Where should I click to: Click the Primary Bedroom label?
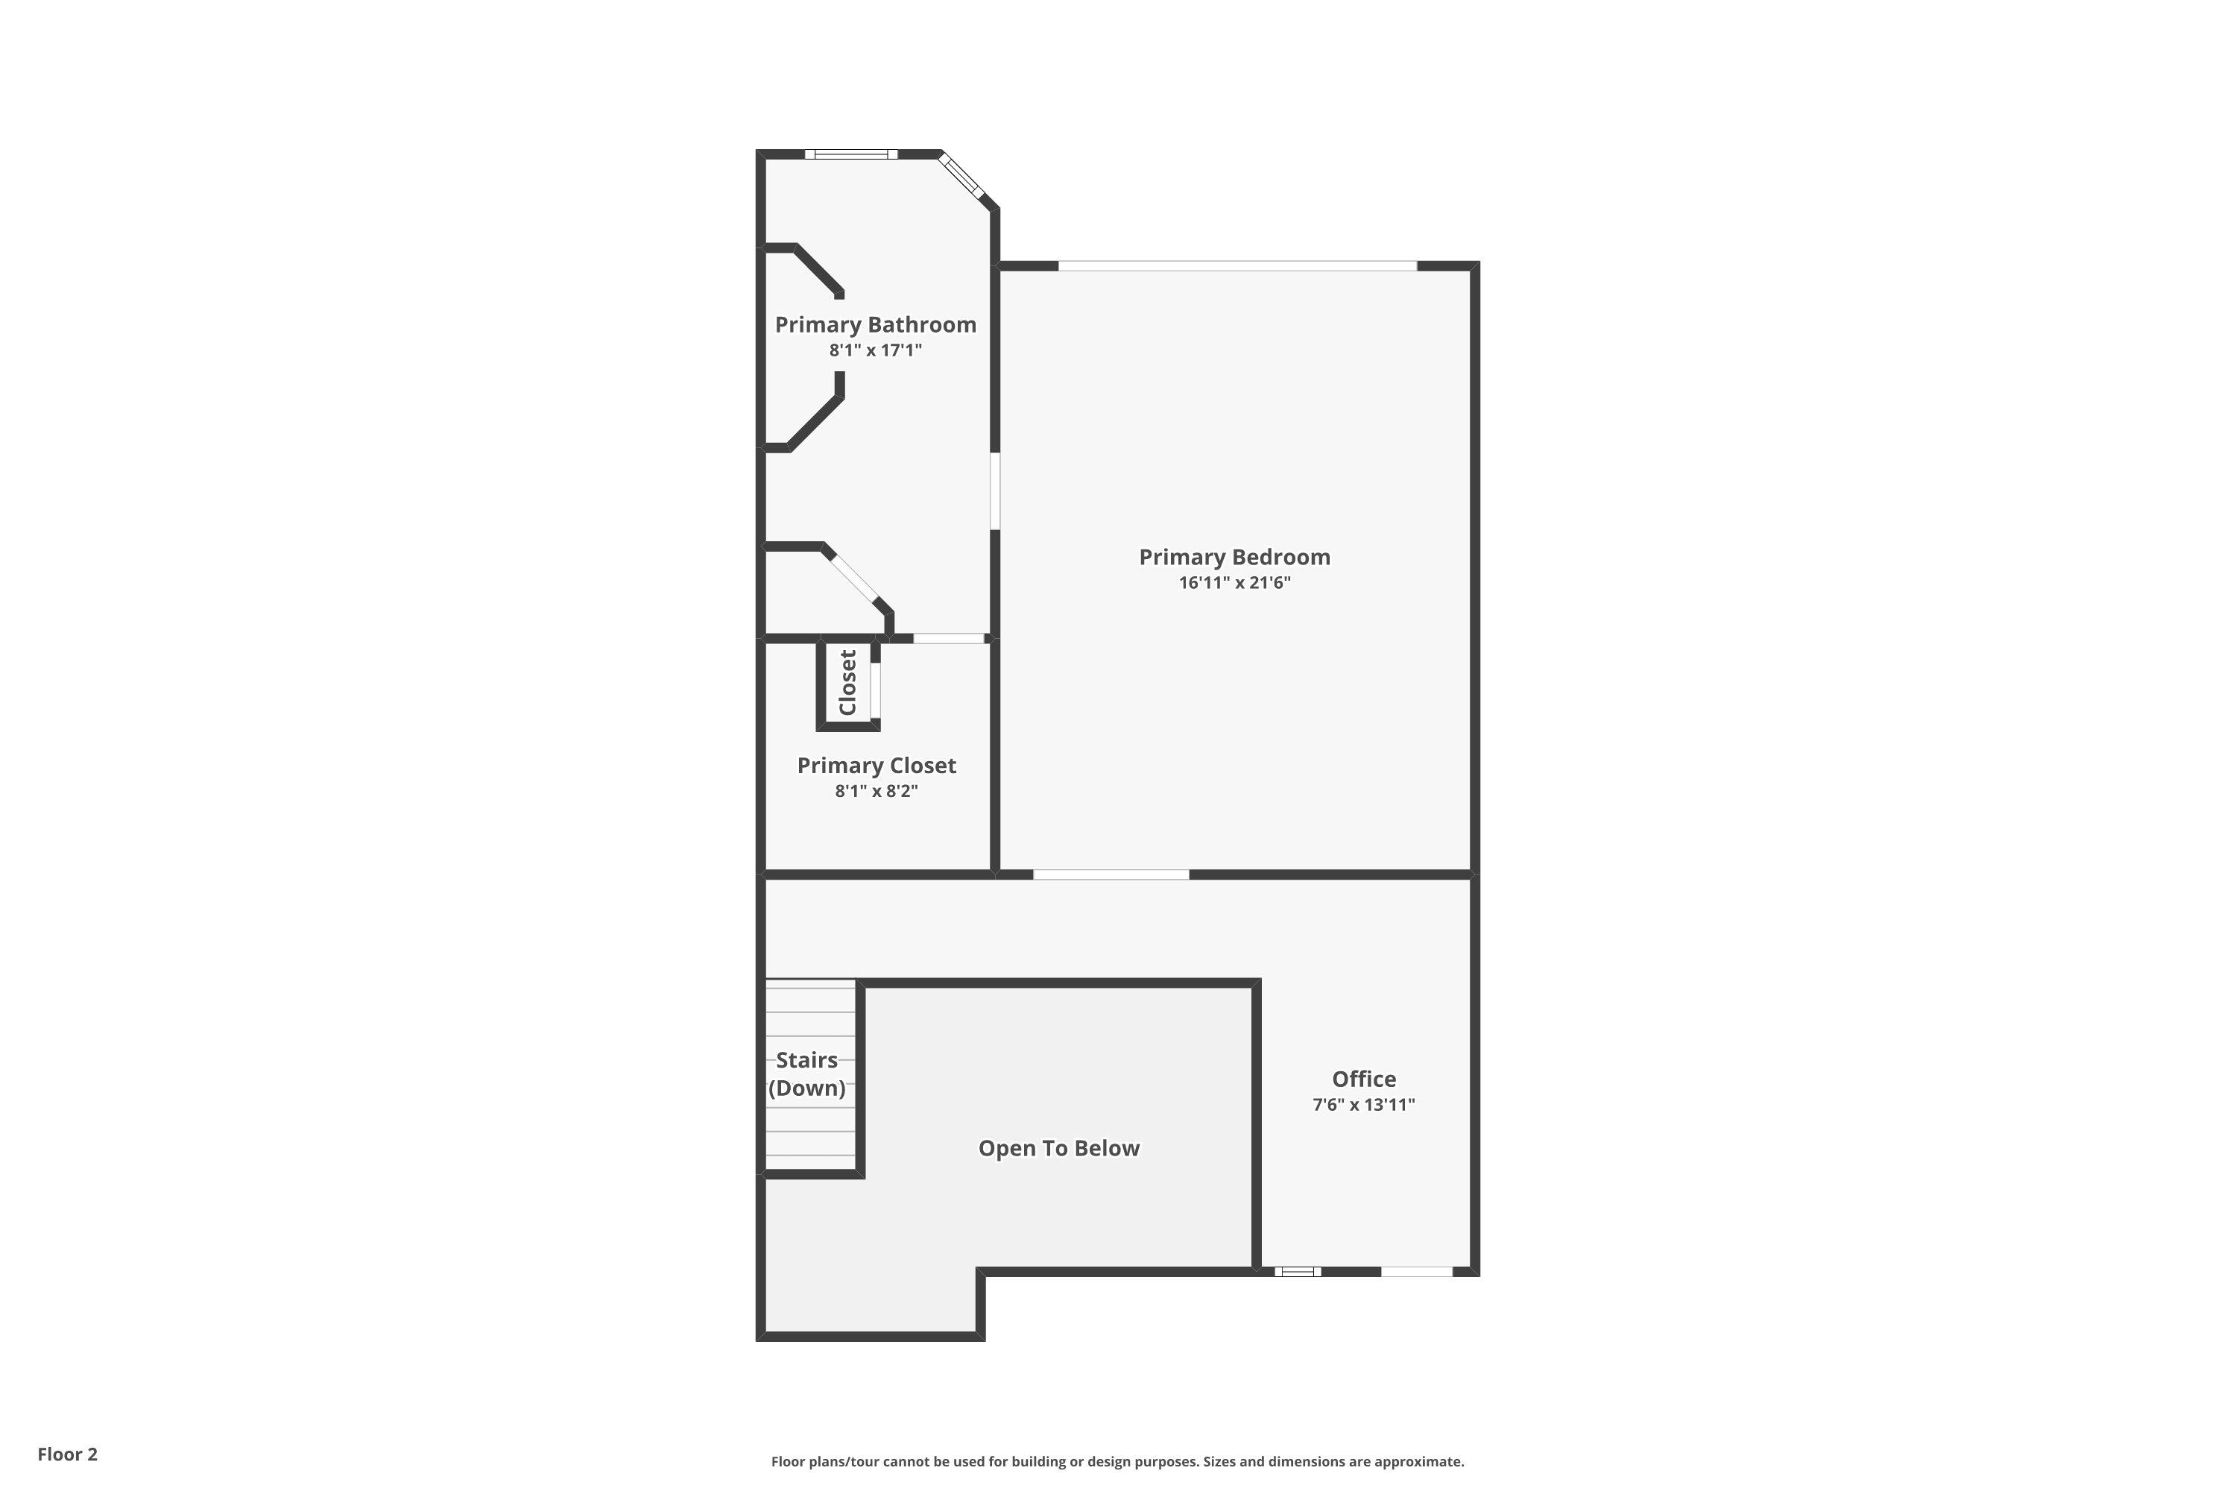(1234, 557)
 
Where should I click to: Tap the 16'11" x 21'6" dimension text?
(1234, 583)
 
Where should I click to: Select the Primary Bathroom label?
(876, 325)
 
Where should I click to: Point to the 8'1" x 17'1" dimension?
(876, 350)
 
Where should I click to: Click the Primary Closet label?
(877, 766)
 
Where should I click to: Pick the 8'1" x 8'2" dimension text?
(877, 791)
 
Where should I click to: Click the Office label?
(1364, 1079)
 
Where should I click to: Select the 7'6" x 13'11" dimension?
(1364, 1105)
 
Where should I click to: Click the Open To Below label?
(1059, 1149)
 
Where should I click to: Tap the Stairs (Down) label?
(807, 1074)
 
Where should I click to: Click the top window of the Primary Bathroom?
(851, 154)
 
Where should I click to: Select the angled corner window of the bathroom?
(961, 177)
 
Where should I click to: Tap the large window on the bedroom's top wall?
(1238, 265)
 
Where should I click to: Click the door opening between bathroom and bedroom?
(995, 491)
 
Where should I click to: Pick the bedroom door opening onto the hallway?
(1111, 874)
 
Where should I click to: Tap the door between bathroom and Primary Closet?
(949, 638)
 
